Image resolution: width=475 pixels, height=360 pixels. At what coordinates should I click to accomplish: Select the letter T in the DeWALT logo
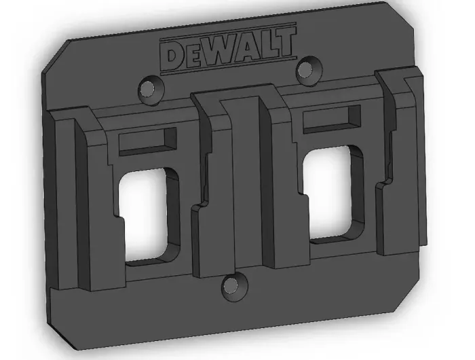pos(284,43)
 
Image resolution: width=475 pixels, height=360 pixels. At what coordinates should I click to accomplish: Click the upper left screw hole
pos(151,89)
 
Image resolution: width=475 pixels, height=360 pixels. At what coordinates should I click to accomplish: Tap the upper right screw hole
pos(308,70)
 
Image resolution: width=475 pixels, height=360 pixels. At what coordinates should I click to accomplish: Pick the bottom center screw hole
pos(234,286)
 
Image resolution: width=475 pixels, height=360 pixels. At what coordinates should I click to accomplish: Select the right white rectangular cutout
pos(327,193)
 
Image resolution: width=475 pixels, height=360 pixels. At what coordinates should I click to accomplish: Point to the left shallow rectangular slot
pos(147,141)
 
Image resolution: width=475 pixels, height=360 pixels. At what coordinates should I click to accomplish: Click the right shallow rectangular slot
pos(332,119)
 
